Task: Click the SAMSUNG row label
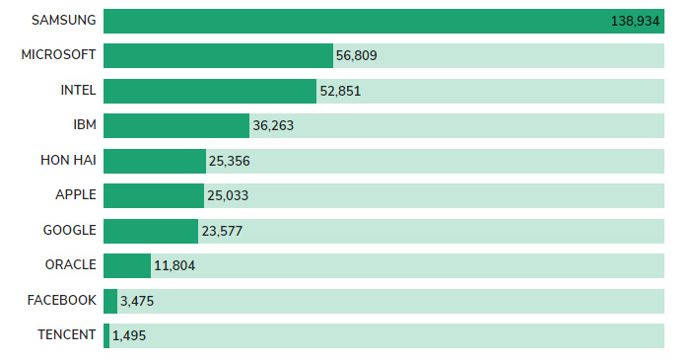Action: point(64,20)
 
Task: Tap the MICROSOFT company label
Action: point(58,54)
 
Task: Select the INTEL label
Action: point(78,90)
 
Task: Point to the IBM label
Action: point(85,124)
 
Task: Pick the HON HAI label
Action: point(68,160)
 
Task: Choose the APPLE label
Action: point(76,194)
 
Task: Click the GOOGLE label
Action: point(70,230)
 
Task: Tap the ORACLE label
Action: point(70,264)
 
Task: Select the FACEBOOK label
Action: point(61,300)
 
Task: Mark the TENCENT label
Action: point(66,334)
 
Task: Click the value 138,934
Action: point(635,21)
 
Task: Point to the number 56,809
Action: point(356,55)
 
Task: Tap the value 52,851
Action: point(340,91)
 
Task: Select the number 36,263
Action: point(273,125)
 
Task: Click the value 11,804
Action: point(174,265)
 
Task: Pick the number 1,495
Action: point(129,335)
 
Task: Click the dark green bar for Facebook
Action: point(110,301)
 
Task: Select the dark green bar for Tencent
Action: point(106,335)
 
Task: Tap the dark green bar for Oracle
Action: point(127,265)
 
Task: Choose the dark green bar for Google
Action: point(151,231)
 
